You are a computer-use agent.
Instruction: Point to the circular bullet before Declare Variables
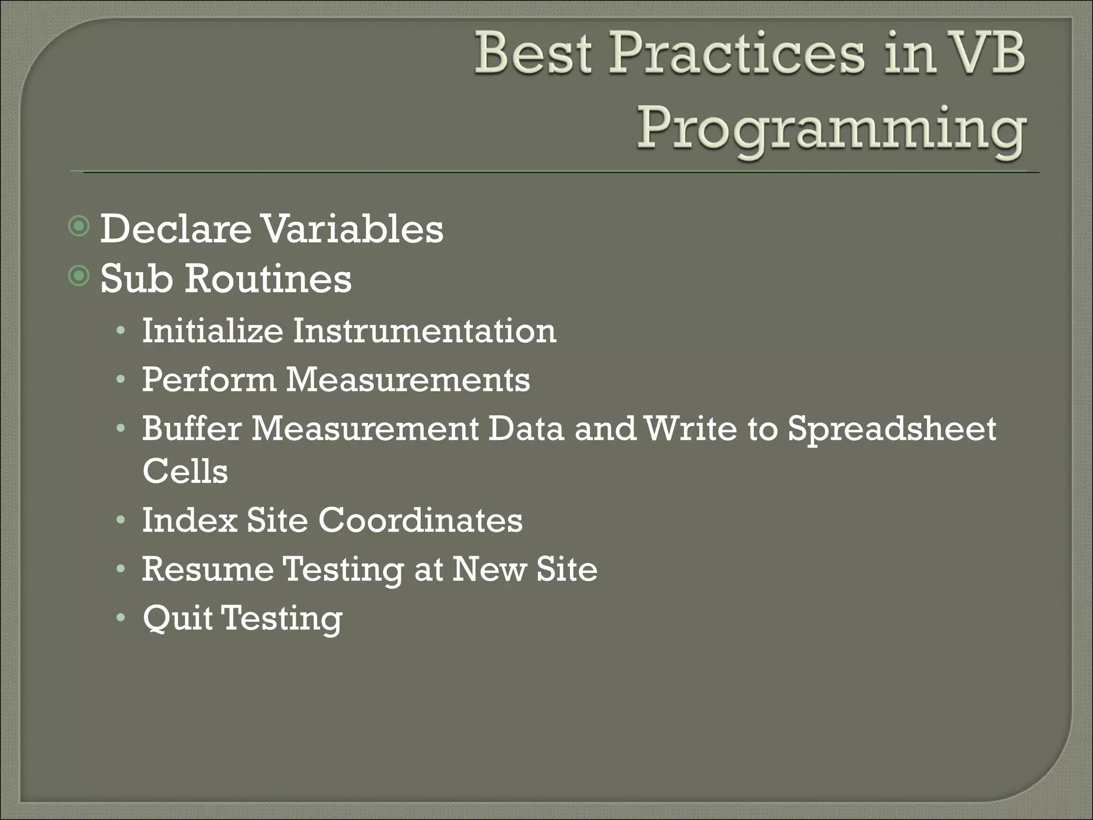[x=80, y=227]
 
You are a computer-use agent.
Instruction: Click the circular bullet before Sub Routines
[x=80, y=276]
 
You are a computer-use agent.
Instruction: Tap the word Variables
[x=353, y=228]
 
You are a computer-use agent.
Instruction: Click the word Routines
[x=268, y=278]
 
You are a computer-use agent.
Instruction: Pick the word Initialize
[x=212, y=330]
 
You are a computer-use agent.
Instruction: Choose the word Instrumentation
[x=424, y=330]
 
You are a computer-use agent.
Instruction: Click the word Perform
[x=209, y=380]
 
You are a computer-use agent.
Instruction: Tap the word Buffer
[x=192, y=428]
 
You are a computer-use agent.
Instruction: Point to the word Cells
[x=185, y=471]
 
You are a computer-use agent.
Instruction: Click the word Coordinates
[x=421, y=519]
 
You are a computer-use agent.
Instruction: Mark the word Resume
[x=208, y=569]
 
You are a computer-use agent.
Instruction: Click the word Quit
[x=177, y=618]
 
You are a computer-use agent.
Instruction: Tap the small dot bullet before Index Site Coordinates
[x=121, y=519]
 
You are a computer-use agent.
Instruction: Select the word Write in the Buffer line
[x=691, y=428]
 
